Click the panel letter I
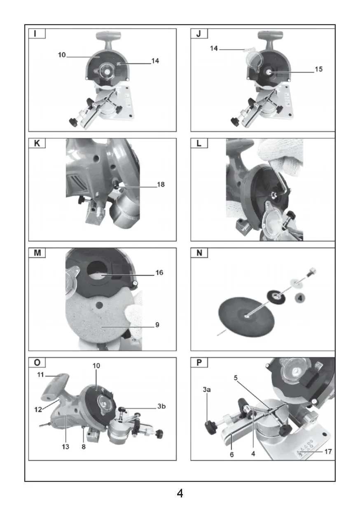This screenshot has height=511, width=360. [x=35, y=34]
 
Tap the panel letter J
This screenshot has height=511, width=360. [x=199, y=34]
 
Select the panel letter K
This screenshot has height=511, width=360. [x=37, y=143]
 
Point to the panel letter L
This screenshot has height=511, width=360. [x=199, y=143]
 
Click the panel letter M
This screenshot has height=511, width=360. [x=37, y=253]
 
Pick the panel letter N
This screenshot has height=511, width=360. [x=199, y=253]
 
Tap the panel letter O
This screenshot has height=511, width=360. [x=37, y=363]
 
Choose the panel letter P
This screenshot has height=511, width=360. [x=199, y=363]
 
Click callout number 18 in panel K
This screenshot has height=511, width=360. [x=161, y=184]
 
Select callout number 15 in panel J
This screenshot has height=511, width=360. [x=319, y=69]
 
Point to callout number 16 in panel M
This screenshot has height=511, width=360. [x=159, y=272]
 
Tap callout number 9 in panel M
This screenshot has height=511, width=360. [x=157, y=325]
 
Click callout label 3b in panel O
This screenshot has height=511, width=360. [x=161, y=406]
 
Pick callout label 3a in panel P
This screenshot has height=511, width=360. [x=207, y=389]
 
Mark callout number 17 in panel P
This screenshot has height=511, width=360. [x=328, y=452]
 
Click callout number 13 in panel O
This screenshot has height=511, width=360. [x=65, y=446]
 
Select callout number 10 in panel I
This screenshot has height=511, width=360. [x=62, y=55]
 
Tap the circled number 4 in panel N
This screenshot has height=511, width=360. [x=300, y=298]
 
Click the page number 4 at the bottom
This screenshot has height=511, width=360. [x=180, y=493]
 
